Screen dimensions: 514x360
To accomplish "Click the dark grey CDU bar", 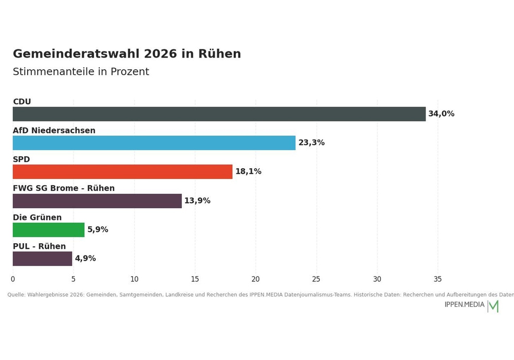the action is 219,114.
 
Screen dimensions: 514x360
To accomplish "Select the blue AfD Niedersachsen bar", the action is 154,143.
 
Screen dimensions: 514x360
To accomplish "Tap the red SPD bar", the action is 123,172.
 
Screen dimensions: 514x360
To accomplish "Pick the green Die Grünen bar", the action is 48,230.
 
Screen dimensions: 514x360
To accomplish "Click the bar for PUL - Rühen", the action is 42,259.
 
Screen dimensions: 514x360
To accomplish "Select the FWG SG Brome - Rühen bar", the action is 97,201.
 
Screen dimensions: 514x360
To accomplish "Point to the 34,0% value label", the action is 441,114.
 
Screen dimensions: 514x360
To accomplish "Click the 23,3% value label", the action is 311,142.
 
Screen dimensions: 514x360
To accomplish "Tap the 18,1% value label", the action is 248,171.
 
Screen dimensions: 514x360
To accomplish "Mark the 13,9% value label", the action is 197,201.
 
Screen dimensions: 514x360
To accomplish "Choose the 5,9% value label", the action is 98,229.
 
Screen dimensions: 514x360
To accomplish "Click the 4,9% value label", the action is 85,258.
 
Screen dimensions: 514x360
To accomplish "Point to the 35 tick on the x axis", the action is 437,279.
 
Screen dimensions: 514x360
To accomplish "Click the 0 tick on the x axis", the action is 13,279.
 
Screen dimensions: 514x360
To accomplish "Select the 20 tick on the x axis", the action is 255,279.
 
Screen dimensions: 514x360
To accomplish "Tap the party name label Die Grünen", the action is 37,218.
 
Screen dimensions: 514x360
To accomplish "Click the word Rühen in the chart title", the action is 219,54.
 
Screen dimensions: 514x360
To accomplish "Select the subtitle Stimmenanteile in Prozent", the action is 81,71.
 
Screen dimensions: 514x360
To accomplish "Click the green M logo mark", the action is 493,306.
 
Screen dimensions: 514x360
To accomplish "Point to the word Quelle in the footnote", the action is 16,295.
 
